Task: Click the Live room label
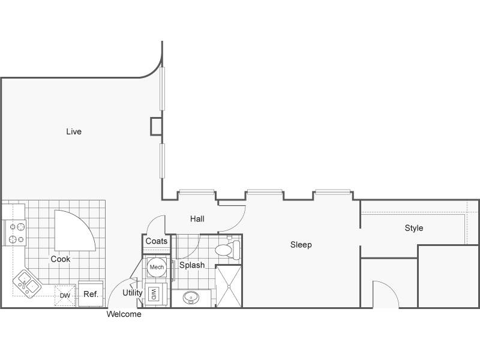click(x=74, y=131)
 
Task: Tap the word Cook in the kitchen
click(x=61, y=259)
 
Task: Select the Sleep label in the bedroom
click(x=301, y=245)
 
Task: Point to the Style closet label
click(x=414, y=228)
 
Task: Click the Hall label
click(x=197, y=219)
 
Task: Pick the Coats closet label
click(x=157, y=241)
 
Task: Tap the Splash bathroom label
click(x=192, y=265)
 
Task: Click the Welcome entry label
click(x=124, y=314)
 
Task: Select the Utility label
click(x=132, y=293)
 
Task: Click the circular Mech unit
click(x=157, y=267)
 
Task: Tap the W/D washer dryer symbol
click(x=154, y=294)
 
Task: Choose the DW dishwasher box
click(x=65, y=295)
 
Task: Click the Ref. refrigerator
click(x=91, y=293)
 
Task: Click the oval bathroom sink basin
click(x=191, y=297)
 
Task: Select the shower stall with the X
click(x=229, y=286)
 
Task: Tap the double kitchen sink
click(x=27, y=284)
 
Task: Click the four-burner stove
click(x=14, y=233)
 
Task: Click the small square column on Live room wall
click(x=156, y=126)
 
